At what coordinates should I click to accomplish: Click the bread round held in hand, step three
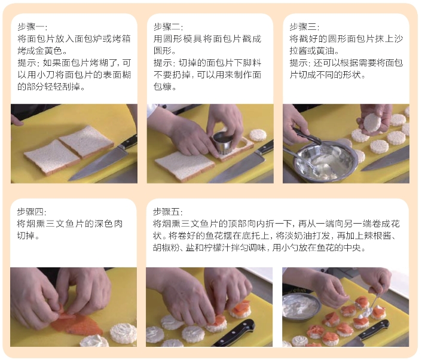point(372,123)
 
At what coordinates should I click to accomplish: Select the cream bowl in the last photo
point(301,306)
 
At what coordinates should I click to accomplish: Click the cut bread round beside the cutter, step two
point(258,135)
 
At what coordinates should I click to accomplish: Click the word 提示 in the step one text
point(27,63)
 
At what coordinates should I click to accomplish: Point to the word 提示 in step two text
point(163,63)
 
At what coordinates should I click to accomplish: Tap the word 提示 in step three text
point(299,63)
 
